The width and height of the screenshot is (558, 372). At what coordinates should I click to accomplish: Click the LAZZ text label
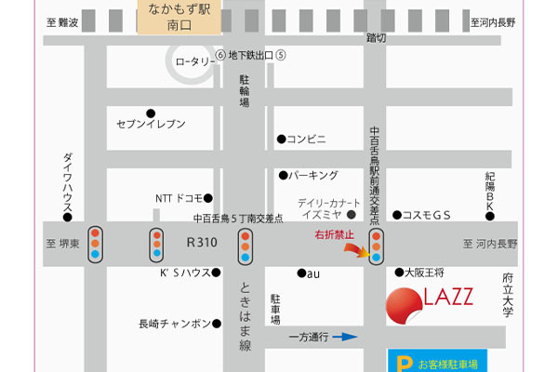(x=449, y=298)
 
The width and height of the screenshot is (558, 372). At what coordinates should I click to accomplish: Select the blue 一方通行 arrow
(x=344, y=337)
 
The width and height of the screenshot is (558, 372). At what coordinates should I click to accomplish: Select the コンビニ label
(x=306, y=139)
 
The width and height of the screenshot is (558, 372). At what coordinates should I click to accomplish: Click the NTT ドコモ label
(x=177, y=198)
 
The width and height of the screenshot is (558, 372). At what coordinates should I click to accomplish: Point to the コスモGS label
(x=427, y=215)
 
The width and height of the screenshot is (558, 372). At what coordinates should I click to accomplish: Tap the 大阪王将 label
(x=426, y=272)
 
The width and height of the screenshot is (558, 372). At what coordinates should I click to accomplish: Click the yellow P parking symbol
(x=404, y=365)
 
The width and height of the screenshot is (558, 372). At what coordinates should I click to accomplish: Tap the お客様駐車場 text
(x=447, y=365)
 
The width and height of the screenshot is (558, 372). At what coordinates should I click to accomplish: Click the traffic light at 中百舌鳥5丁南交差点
(x=246, y=245)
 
